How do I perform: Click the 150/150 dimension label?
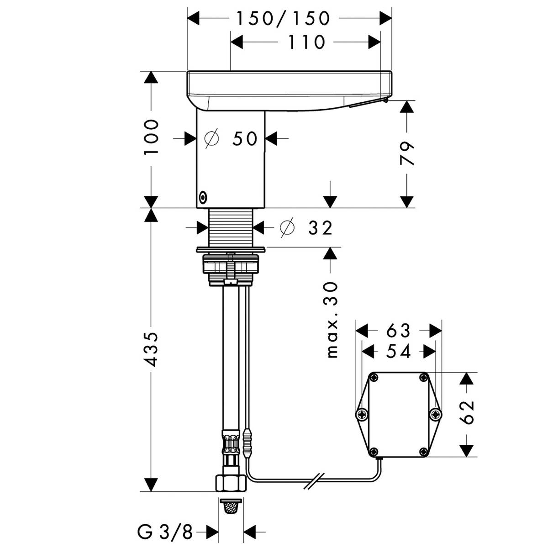(x=283, y=19)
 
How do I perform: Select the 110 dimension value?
(x=306, y=42)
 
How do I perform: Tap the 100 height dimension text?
(x=151, y=137)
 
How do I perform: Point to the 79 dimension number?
(x=407, y=153)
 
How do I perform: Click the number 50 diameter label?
(x=245, y=139)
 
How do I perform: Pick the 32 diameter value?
(x=320, y=228)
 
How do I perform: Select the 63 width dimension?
(x=398, y=331)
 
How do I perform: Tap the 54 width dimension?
(x=398, y=352)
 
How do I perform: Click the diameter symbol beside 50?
(x=212, y=138)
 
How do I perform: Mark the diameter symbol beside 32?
(x=287, y=227)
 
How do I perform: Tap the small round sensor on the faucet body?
(x=202, y=197)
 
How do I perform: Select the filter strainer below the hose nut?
(x=230, y=506)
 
